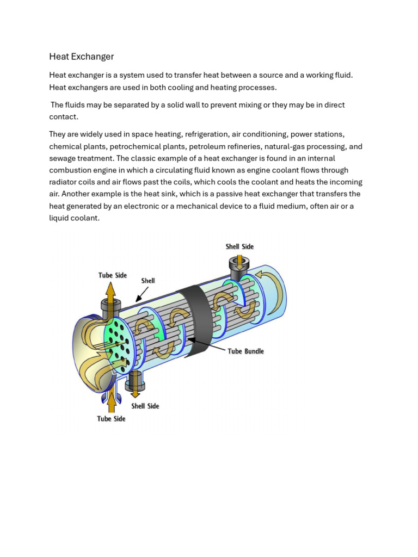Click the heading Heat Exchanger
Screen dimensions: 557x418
pyautogui.click(x=81, y=57)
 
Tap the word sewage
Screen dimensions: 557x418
pyautogui.click(x=63, y=158)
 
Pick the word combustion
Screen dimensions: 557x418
pyautogui.click(x=72, y=170)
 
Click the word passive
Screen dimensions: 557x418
pyautogui.click(x=250, y=194)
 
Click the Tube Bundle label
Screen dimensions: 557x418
pyautogui.click(x=245, y=351)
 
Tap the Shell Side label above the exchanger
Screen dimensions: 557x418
pyautogui.click(x=239, y=246)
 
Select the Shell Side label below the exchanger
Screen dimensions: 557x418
pyautogui.click(x=145, y=406)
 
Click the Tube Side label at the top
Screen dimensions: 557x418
pyautogui.click(x=112, y=275)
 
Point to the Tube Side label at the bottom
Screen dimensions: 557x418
pyautogui.click(x=111, y=419)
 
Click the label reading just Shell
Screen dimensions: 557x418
pyautogui.click(x=148, y=281)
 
